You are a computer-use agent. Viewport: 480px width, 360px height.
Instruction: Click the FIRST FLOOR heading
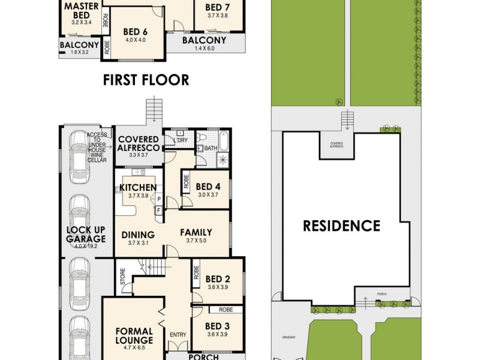coord(146,79)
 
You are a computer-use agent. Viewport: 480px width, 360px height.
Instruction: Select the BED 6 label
coord(135,32)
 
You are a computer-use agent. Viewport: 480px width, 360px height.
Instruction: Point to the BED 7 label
coord(217,7)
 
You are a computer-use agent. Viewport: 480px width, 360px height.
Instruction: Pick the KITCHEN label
coord(137,187)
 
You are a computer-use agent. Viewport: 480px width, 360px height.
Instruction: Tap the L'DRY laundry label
coord(180,140)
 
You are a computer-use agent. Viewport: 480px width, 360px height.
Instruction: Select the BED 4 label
coord(208,186)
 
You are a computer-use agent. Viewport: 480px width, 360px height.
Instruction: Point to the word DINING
coord(138,235)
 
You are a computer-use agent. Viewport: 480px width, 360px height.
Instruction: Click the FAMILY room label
coord(196,231)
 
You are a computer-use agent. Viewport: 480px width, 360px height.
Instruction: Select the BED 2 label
coord(218,278)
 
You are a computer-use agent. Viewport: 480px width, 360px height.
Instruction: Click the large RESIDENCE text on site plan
coord(341,226)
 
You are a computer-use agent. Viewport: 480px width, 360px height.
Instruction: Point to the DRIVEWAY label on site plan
coord(290,337)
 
